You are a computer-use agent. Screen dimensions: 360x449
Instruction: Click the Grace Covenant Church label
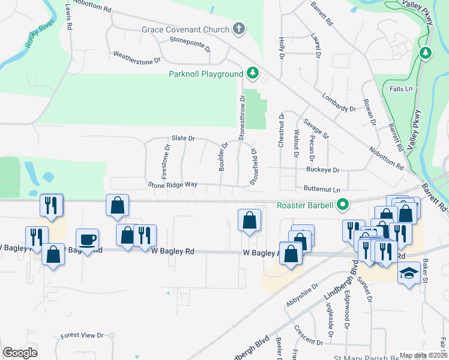[x=185, y=29]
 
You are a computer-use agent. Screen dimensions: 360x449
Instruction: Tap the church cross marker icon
[x=238, y=29]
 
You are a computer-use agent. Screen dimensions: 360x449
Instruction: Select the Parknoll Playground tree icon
[x=253, y=73]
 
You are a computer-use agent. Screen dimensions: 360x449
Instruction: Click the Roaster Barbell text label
[x=305, y=205]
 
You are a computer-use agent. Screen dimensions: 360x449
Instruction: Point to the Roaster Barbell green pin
[x=343, y=205]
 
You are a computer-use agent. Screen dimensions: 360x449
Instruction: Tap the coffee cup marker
[x=88, y=240]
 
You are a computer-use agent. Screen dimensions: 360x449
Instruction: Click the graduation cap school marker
[x=409, y=274]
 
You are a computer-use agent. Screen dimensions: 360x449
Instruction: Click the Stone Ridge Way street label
[x=172, y=184]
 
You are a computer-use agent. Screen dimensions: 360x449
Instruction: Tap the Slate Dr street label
[x=183, y=138]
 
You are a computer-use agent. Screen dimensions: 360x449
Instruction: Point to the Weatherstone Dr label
[x=137, y=56]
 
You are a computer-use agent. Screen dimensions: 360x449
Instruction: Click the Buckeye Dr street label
[x=322, y=170]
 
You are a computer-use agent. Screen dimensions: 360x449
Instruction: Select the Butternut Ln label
[x=326, y=189]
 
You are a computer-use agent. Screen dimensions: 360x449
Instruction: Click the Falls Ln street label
[x=402, y=89]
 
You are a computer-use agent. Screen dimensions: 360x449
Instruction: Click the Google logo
[x=20, y=353]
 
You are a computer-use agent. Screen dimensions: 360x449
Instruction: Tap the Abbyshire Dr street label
[x=301, y=294]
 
